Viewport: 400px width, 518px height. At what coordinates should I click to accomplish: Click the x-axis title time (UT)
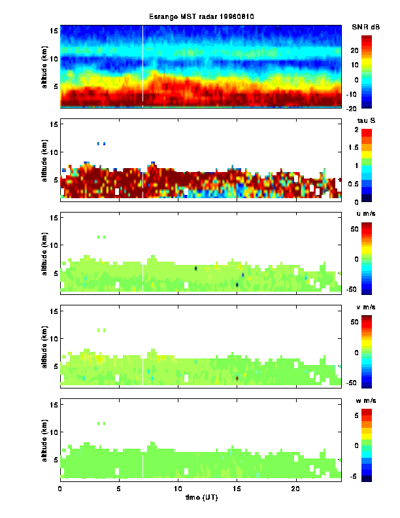(x=199, y=497)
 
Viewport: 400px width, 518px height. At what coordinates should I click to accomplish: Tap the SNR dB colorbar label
(x=366, y=27)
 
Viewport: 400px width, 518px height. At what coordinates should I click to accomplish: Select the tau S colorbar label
(x=366, y=121)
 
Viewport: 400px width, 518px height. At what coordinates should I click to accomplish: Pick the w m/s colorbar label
(x=366, y=401)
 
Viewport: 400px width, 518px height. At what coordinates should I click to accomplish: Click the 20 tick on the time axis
(x=296, y=488)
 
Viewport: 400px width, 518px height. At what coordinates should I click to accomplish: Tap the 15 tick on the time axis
(x=237, y=488)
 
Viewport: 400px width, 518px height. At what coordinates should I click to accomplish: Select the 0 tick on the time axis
(x=60, y=488)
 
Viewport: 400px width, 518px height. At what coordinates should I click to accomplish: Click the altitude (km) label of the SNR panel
(x=44, y=67)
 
